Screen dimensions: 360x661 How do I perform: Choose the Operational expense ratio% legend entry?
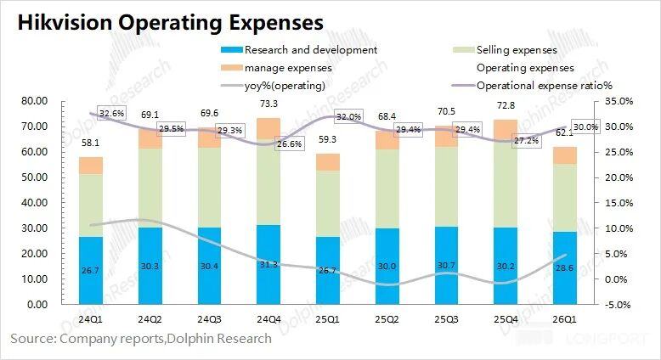544,85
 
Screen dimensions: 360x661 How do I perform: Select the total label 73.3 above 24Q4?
268,104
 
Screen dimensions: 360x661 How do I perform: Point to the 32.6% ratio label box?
111,113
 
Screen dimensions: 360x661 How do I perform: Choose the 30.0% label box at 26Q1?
585,127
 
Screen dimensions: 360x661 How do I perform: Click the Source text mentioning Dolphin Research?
141,339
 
